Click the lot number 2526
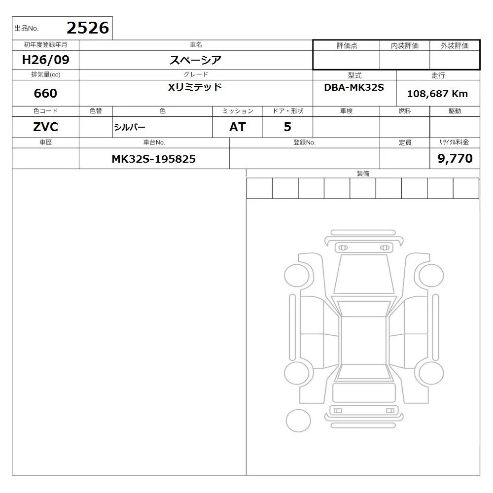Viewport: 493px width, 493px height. tap(88, 28)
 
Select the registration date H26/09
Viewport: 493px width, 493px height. tap(45, 60)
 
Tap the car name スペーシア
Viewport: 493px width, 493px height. tap(195, 60)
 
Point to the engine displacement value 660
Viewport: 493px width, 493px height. tap(45, 93)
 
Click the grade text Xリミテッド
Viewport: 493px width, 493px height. tap(195, 87)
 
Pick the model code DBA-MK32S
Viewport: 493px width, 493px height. tap(354, 87)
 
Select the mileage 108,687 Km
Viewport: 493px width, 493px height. tap(437, 94)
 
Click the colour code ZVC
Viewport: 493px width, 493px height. tap(45, 127)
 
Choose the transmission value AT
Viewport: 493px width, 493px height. tap(238, 127)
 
